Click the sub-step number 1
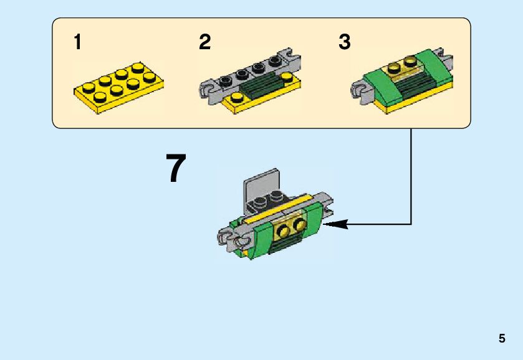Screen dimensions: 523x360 tap(77, 42)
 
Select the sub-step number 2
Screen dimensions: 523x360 tap(205, 42)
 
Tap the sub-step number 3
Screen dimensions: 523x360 tap(345, 42)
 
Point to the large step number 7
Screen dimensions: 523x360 tap(176, 168)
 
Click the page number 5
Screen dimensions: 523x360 tap(502, 338)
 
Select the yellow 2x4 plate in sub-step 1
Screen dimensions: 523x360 tap(118, 87)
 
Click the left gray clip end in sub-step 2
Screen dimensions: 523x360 tap(208, 92)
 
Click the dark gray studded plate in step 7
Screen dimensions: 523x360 tap(269, 202)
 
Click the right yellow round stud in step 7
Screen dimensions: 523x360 tap(299, 225)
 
